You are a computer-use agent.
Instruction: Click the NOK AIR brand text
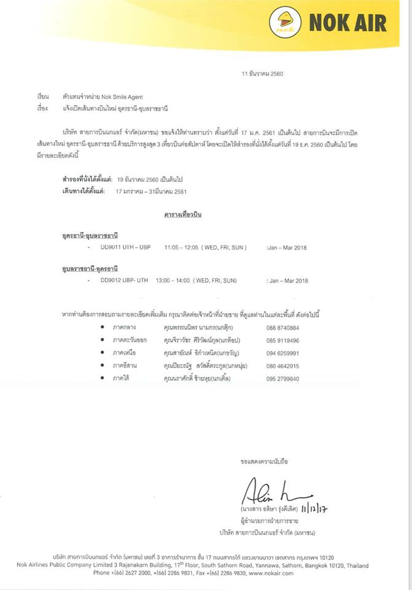tap(348, 23)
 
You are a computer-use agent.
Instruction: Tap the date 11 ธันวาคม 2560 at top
tap(263, 74)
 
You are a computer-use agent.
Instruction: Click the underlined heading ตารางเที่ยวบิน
tap(183, 215)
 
